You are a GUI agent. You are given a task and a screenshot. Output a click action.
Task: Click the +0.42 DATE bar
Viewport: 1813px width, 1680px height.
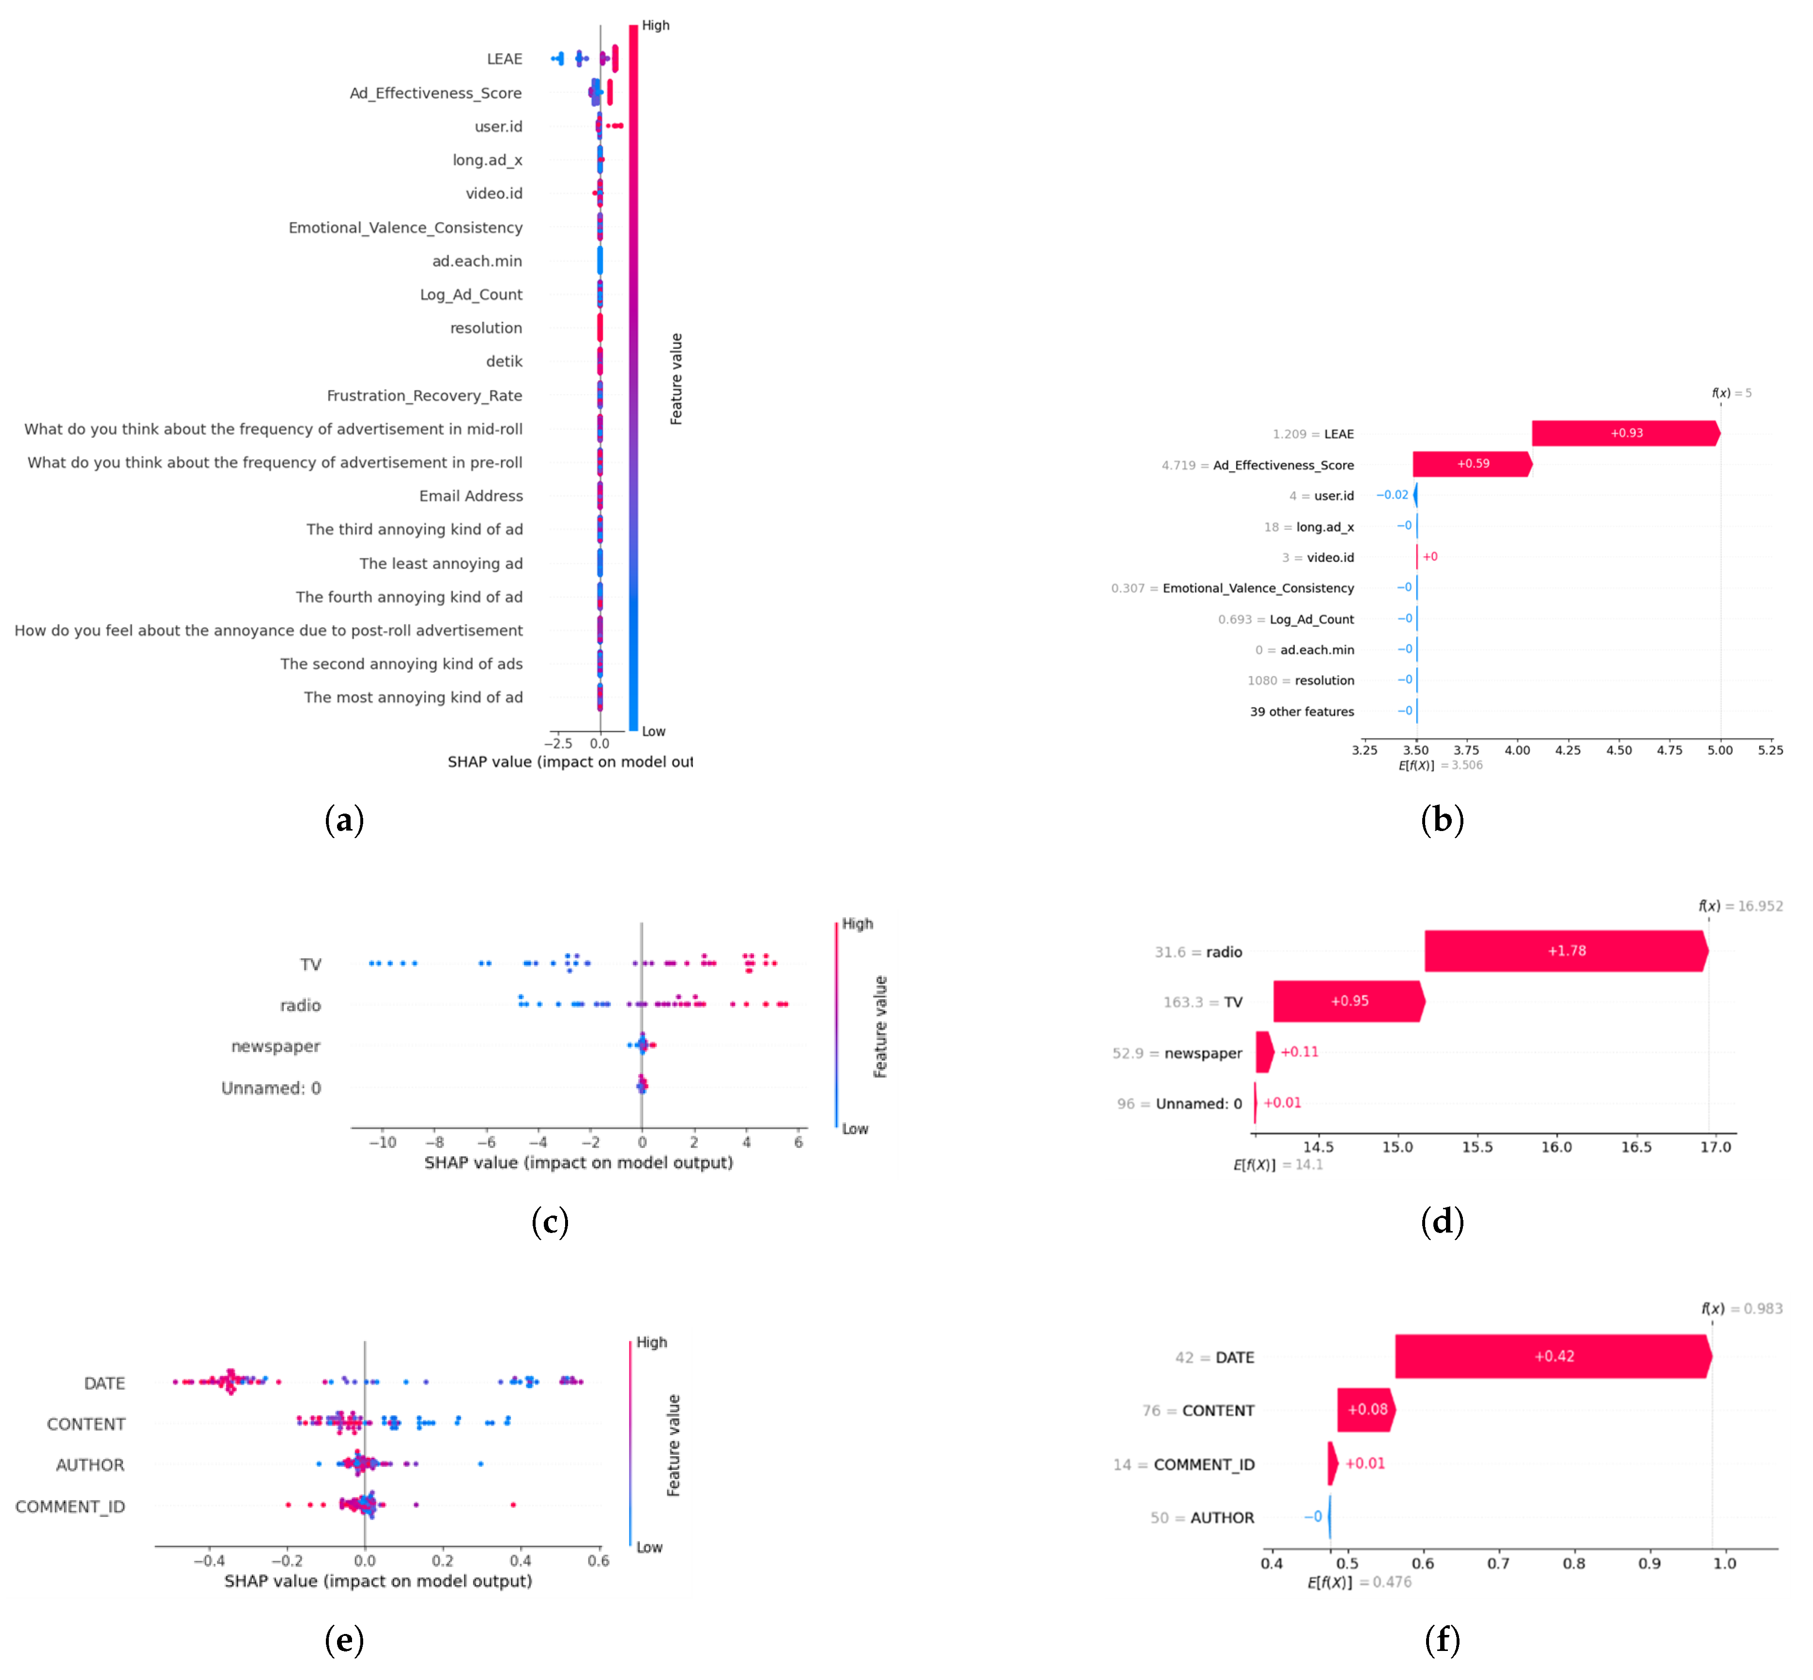point(1552,1356)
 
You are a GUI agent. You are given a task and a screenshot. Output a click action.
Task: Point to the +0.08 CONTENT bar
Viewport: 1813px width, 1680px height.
point(1365,1410)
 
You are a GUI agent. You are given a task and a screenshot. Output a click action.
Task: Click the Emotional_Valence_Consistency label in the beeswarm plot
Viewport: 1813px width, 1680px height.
point(405,227)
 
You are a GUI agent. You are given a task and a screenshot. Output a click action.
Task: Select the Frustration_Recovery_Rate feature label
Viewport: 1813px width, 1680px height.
point(424,396)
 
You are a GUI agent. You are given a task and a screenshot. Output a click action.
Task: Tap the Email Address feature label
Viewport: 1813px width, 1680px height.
point(471,495)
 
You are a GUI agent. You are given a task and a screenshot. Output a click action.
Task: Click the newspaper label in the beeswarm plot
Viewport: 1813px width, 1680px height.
point(276,1047)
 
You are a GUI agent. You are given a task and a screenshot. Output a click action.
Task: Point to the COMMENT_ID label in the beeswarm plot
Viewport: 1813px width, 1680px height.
point(70,1506)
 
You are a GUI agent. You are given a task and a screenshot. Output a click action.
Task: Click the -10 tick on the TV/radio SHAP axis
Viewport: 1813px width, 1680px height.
point(382,1143)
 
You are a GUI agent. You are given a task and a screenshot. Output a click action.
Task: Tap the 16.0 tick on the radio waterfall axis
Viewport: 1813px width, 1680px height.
point(1556,1147)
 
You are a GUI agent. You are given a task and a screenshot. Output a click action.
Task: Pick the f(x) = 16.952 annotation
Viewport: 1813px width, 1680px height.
point(1739,907)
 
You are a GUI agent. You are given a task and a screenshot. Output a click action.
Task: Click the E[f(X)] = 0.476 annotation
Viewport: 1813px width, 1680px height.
point(1359,1582)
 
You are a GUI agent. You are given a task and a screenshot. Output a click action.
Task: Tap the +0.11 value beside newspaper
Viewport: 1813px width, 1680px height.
point(1299,1052)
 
